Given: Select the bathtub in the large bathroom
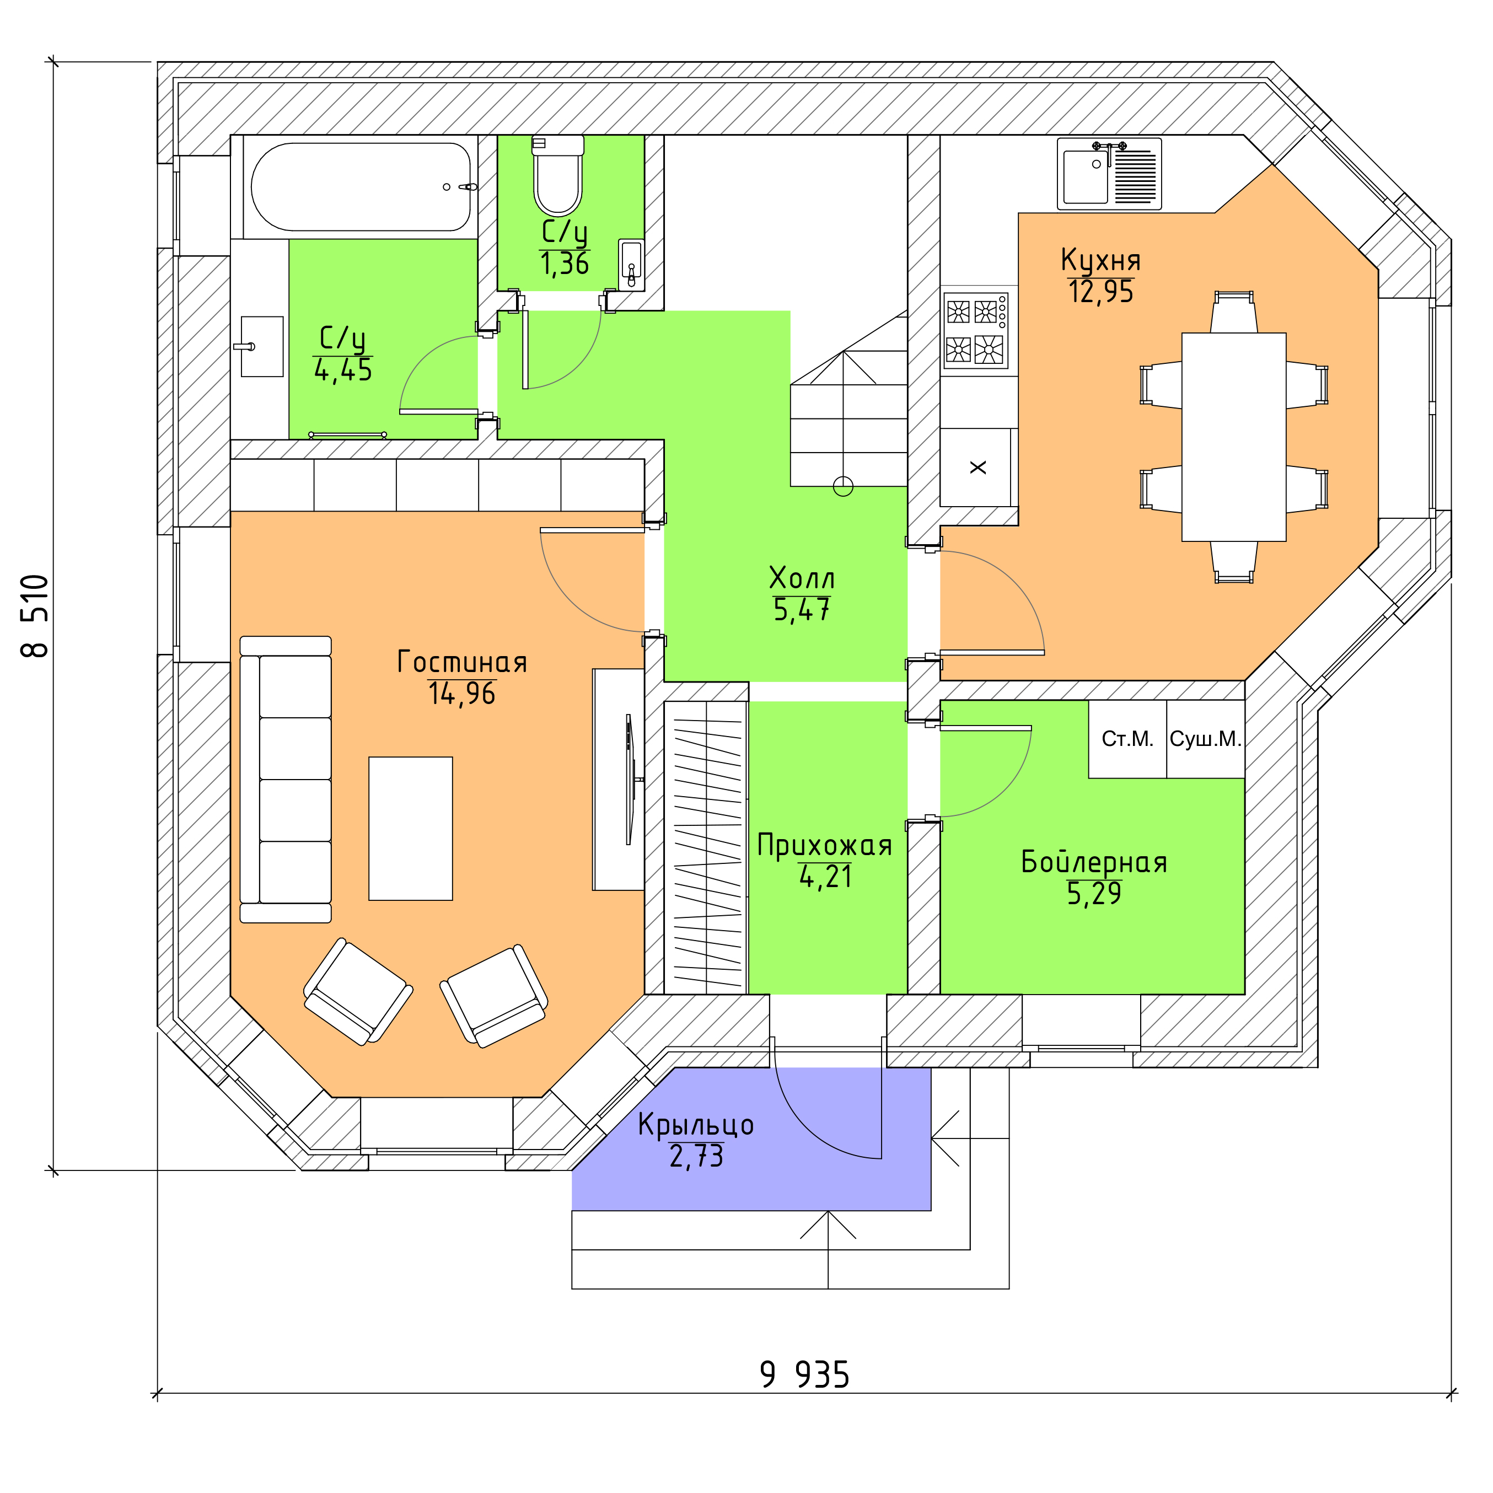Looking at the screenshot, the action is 361,187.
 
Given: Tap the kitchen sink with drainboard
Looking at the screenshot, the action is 1109,174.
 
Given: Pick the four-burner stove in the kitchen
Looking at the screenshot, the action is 975,331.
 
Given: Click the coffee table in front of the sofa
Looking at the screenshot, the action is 410,829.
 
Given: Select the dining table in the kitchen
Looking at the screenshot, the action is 1233,437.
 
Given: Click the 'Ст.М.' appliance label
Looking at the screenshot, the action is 1127,739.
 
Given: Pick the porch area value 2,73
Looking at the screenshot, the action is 696,1156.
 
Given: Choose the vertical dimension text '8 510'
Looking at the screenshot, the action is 35,615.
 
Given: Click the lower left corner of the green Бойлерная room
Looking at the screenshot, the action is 941,994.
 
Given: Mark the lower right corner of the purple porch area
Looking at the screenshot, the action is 931,1210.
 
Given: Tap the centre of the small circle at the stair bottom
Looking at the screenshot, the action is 843,486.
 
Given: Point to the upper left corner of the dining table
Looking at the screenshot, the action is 1181,333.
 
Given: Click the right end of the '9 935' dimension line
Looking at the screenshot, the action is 1451,1394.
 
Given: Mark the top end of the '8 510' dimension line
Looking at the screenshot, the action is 53,62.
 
